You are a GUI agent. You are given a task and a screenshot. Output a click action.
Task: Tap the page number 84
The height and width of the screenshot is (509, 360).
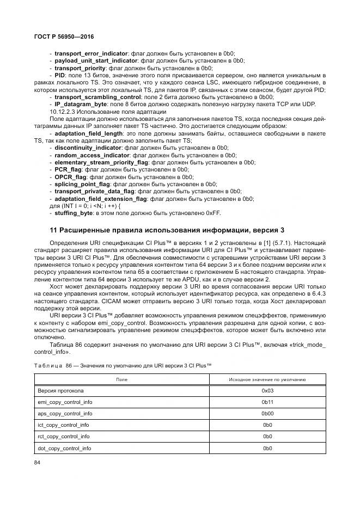tap(38, 462)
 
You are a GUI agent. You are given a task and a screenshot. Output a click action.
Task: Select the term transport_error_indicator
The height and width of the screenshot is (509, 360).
tap(90, 54)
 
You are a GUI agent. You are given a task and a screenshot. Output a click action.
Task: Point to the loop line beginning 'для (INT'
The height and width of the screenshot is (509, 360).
tap(84, 206)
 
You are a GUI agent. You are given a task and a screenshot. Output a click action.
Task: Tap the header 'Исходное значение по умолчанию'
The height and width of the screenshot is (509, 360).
tap(267, 379)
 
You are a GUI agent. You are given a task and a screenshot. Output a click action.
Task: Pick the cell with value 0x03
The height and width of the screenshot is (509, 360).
tap(267, 391)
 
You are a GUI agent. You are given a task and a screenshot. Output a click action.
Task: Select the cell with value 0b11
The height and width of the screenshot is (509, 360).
tap(267, 402)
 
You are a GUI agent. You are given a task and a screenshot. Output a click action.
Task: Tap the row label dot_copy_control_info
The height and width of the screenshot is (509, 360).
tap(64, 448)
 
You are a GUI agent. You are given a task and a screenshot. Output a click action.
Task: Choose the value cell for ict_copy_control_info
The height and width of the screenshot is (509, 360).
tap(267, 425)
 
